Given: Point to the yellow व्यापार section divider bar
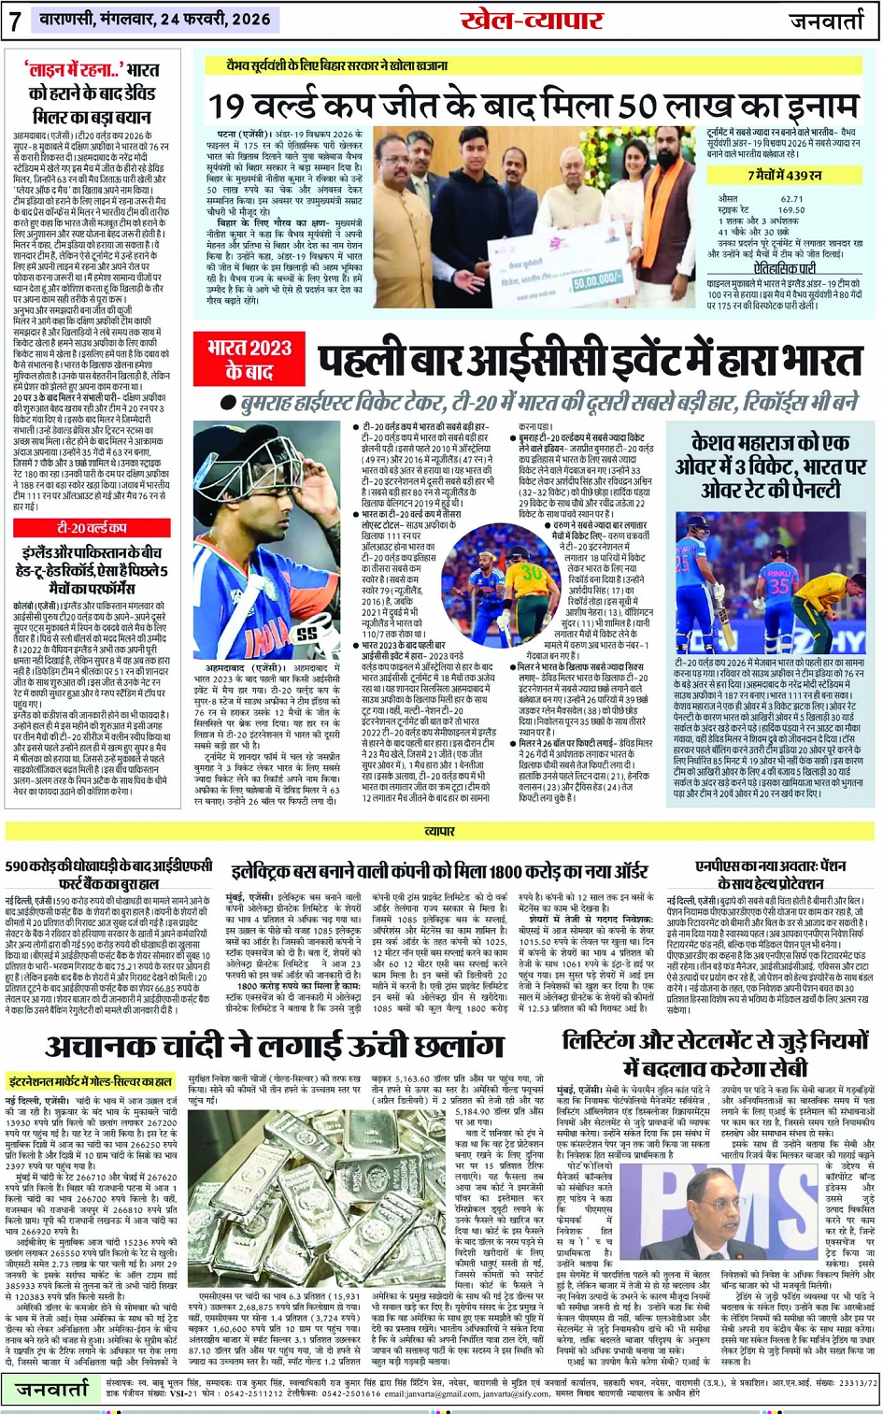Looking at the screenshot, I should [x=441, y=830].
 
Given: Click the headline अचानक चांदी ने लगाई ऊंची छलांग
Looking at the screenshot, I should [x=274, y=1046].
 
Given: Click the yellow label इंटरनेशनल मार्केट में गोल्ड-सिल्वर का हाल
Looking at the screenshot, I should [x=91, y=1081].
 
